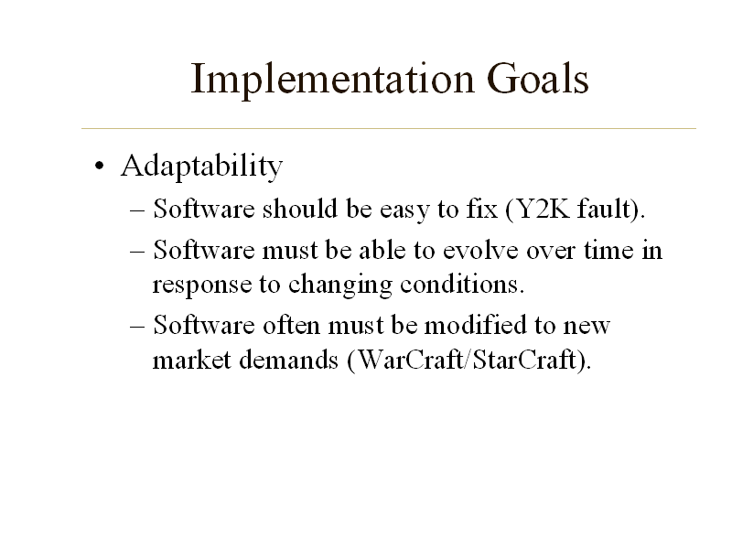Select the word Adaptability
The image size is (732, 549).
(201, 167)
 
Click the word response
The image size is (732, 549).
(202, 285)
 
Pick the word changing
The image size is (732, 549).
(342, 285)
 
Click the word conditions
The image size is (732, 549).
(464, 285)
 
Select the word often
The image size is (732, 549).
(289, 326)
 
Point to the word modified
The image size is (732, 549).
(474, 326)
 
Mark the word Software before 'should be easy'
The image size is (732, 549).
(205, 210)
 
